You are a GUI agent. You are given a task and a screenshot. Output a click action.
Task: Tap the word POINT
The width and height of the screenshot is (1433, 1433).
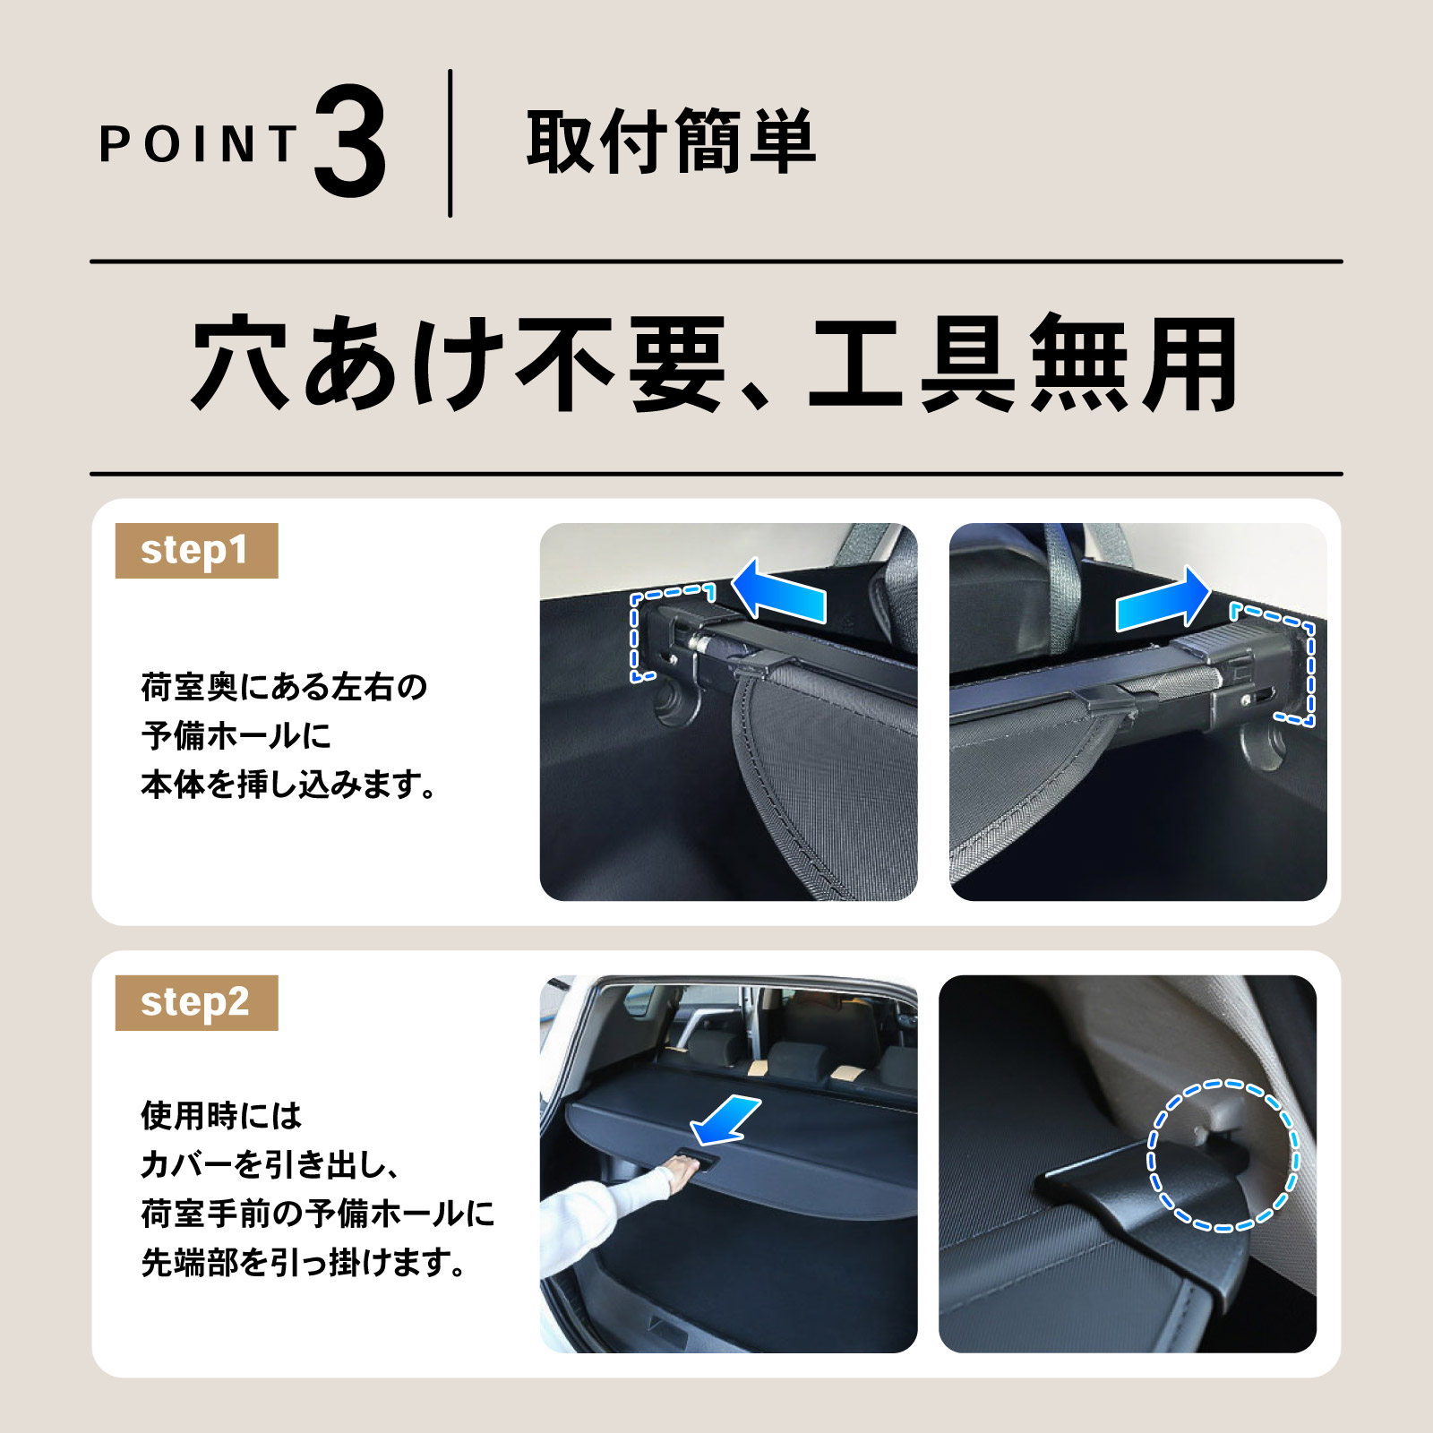coord(198,144)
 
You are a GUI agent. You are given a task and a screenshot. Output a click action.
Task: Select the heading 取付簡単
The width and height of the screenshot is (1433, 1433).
coord(671,142)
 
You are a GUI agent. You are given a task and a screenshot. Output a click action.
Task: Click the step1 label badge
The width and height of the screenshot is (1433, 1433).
coord(196,551)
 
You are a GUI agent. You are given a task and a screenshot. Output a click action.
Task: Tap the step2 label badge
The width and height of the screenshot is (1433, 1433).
coord(196,1003)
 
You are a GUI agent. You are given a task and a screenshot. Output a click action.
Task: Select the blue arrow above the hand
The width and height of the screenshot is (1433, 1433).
coord(725,1120)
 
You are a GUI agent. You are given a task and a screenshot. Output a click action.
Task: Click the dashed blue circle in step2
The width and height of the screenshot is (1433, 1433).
coord(1223,1155)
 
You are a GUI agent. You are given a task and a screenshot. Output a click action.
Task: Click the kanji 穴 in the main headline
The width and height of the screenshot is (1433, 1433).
coord(240,363)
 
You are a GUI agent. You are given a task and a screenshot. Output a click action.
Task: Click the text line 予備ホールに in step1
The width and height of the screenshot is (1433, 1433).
coord(236,735)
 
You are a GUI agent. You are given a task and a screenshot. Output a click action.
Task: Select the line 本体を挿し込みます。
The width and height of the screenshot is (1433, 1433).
coord(288,785)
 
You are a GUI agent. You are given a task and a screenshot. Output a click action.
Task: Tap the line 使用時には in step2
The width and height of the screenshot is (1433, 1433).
coord(221,1116)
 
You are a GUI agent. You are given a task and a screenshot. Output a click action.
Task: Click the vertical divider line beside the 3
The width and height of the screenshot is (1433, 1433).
coord(450,143)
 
